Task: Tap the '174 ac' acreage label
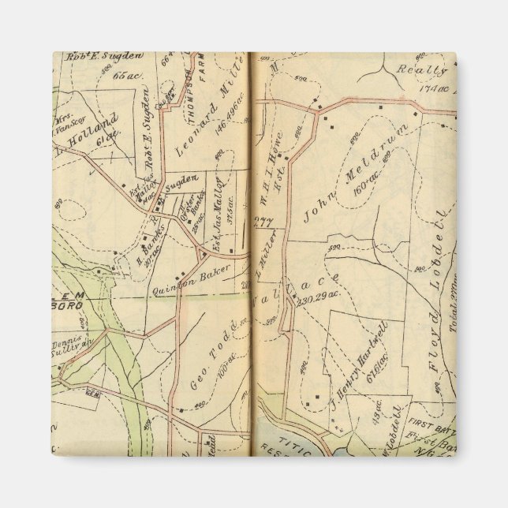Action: pyautogui.click(x=436, y=88)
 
